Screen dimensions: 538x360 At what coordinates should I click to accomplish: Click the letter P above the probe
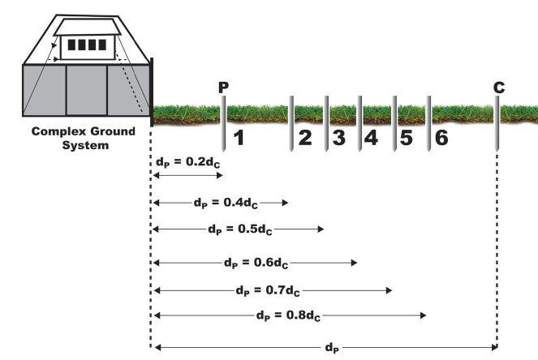pos(224,86)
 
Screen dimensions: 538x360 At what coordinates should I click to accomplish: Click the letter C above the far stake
pos(498,86)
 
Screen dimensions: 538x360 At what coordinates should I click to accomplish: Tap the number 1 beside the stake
pos(239,138)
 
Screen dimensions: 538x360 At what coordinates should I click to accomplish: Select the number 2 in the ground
pos(304,138)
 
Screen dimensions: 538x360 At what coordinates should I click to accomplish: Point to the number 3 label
pos(338,138)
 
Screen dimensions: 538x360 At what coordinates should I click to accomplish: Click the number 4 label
pos(372,138)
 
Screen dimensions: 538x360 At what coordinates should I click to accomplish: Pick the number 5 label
pos(407,138)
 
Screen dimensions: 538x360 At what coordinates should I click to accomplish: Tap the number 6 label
pos(441,138)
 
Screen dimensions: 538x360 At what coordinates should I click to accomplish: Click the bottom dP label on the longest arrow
pos(331,348)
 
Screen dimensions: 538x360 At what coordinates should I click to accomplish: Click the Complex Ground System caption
pos(69,138)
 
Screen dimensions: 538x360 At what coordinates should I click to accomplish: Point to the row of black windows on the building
pos(85,45)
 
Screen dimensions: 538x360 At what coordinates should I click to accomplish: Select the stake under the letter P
pos(223,122)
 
